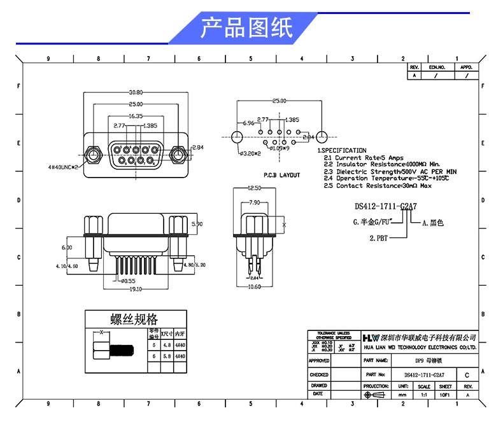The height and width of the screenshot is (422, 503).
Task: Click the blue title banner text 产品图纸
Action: tap(246, 28)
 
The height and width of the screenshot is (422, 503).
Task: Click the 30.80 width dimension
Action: tap(135, 91)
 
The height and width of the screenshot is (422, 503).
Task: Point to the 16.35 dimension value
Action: tap(135, 116)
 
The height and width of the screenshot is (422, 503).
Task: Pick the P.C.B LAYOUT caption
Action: tap(281, 174)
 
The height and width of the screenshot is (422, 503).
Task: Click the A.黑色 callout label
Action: tap(432, 223)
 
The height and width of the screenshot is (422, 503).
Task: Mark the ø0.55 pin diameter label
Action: tap(128, 280)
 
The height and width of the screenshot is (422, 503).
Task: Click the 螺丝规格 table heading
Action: tap(134, 319)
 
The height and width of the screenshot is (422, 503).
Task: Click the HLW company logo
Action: tap(370, 337)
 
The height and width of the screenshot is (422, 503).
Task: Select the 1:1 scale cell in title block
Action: tap(424, 395)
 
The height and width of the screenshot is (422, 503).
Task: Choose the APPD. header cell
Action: tap(467, 67)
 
